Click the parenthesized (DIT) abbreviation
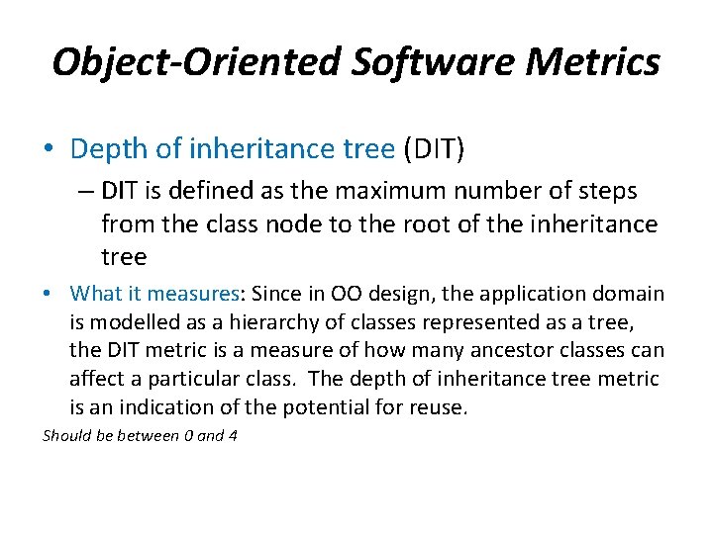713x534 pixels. (433, 149)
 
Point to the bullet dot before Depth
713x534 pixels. (50, 149)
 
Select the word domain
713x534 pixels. (630, 294)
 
